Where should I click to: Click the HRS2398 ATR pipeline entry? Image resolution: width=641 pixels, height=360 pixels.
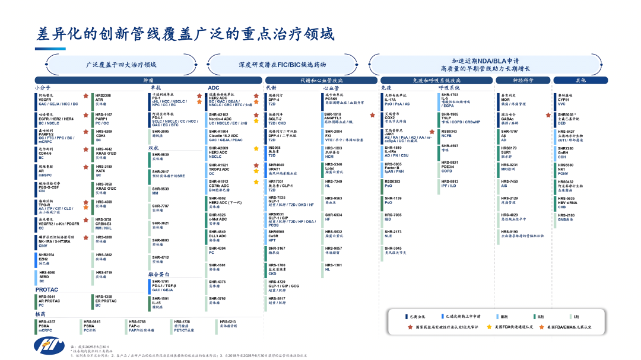[104, 99]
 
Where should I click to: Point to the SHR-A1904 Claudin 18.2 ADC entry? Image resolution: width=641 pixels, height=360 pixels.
[226, 136]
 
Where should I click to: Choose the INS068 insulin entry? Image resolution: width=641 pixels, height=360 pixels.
[275, 151]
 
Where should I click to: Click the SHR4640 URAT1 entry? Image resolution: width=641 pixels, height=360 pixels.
[277, 168]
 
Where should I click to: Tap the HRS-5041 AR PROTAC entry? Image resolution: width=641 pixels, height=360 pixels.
[49, 301]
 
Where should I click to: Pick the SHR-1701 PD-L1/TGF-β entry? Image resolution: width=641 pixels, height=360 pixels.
[164, 285]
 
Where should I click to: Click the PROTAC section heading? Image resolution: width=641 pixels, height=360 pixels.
[46, 290]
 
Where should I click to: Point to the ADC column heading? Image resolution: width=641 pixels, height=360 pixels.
[214, 88]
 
